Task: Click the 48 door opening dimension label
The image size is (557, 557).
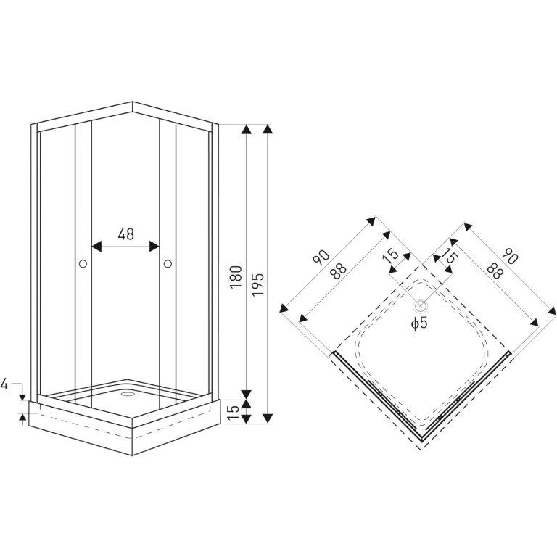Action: coord(125,234)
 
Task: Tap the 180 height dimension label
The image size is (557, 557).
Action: coord(236,277)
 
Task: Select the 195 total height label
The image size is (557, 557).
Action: coord(258,285)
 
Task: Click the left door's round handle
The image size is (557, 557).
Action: coord(83,263)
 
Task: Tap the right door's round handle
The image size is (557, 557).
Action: coord(168,263)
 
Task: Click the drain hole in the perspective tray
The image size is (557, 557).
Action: coord(126,394)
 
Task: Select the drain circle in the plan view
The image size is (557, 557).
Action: coord(421,305)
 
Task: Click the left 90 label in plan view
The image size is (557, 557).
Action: coord(321,257)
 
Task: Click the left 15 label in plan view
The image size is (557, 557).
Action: coord(392,255)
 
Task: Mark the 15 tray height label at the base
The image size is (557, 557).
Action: coord(233,412)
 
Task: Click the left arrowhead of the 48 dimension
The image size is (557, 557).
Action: coord(96,246)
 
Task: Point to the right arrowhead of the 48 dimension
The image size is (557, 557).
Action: coord(154,246)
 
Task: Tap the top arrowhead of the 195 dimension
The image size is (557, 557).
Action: coord(268,129)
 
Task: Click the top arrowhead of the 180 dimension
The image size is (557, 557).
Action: coord(246,129)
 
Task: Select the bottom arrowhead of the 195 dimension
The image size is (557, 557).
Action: coord(268,418)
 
